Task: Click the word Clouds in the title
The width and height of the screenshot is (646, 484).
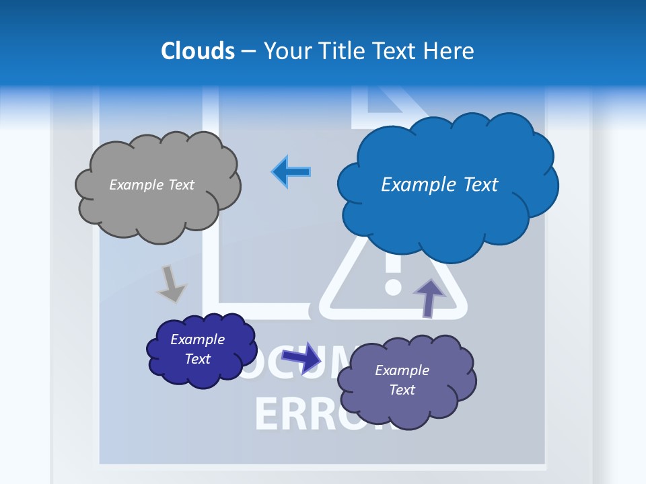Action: click(198, 51)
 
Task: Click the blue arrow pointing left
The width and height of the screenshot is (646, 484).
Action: click(291, 172)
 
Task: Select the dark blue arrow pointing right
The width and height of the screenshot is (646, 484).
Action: click(302, 358)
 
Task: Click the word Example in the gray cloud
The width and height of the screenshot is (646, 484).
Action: click(135, 185)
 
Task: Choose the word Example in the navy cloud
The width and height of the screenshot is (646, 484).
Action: click(197, 339)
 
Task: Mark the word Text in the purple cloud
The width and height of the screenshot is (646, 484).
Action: click(402, 390)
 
